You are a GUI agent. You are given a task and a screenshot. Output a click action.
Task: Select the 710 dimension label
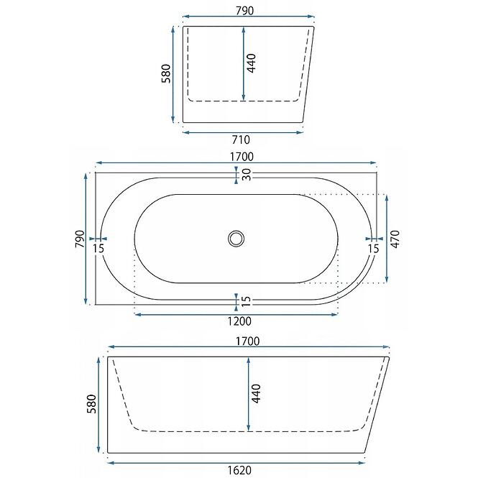pyautogui.click(x=241, y=139)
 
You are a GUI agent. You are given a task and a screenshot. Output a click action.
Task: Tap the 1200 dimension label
pyautogui.click(x=239, y=321)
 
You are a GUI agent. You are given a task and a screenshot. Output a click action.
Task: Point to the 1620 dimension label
pyautogui.click(x=239, y=470)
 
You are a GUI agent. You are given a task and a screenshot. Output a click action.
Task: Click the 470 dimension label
pyautogui.click(x=395, y=239)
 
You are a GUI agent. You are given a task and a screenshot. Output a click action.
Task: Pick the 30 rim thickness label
pyautogui.click(x=247, y=175)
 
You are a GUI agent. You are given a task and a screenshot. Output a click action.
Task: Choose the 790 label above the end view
pyautogui.click(x=245, y=11)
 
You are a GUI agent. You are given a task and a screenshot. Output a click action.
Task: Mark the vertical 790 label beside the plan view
pyautogui.click(x=80, y=239)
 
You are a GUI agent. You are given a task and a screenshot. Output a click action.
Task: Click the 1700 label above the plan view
pyautogui.click(x=242, y=157)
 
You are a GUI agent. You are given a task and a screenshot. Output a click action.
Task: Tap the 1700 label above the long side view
pyautogui.click(x=247, y=341)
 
